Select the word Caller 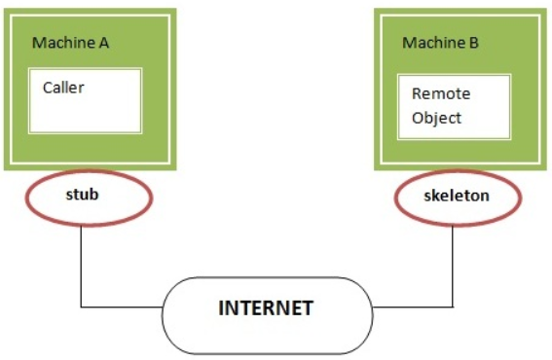click(63, 88)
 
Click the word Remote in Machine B click(441, 94)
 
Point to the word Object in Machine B click(436, 118)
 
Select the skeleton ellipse click(456, 196)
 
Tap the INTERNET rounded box click(267, 309)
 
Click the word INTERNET click(265, 309)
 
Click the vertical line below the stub click(81, 263)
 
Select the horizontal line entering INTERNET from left click(122, 308)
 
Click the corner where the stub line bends click(81, 308)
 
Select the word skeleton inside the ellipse click(456, 196)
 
